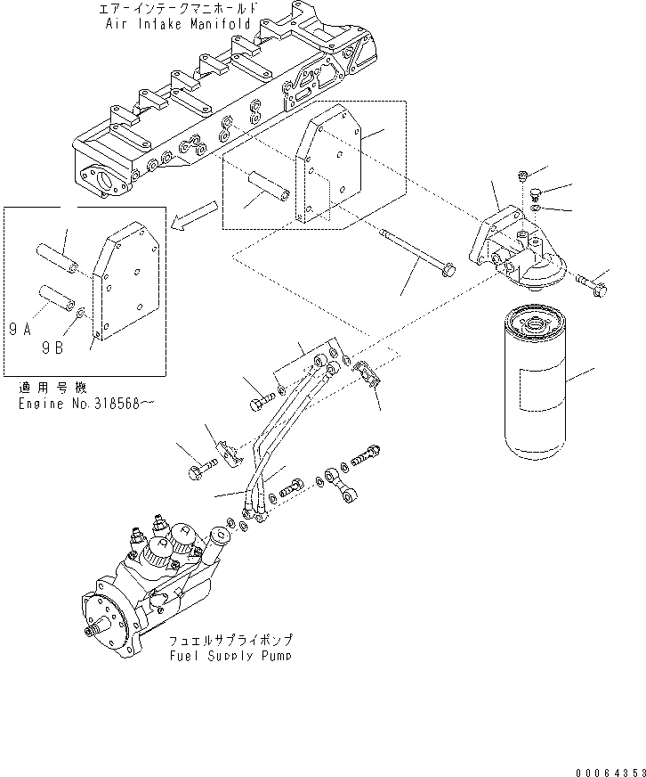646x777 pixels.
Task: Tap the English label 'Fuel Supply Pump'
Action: (230, 655)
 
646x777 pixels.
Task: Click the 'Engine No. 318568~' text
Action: (85, 404)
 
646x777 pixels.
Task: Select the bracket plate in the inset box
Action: (127, 284)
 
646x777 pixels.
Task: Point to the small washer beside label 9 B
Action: (82, 313)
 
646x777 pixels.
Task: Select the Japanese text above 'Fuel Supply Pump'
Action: (230, 641)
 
